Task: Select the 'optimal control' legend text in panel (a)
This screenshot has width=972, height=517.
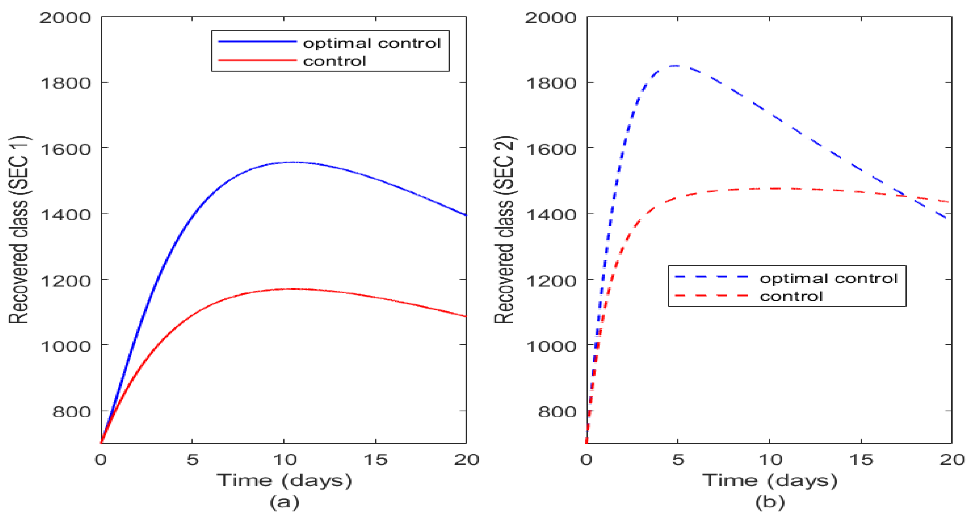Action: (x=372, y=43)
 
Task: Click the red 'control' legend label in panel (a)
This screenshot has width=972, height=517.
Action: (x=334, y=61)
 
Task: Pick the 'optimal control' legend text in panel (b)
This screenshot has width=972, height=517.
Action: (x=828, y=278)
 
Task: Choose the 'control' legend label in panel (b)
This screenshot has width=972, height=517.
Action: (x=791, y=296)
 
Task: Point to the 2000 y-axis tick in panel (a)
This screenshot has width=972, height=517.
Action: (x=65, y=18)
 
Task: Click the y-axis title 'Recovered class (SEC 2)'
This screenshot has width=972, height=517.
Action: (x=504, y=229)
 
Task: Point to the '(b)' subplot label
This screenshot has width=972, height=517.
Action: (x=770, y=502)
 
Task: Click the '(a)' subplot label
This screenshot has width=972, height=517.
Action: (x=284, y=502)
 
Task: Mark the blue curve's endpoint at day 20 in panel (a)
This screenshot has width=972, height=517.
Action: (x=466, y=215)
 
